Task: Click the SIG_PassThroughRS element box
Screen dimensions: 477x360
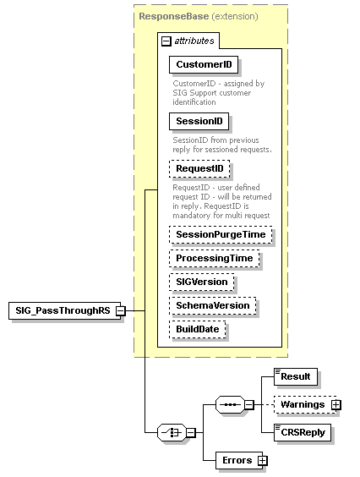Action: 62,310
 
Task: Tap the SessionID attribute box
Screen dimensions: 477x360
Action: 199,122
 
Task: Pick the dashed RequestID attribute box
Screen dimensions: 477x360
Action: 199,169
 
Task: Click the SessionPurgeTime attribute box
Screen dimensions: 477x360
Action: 221,234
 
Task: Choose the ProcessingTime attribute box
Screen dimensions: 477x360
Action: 214,258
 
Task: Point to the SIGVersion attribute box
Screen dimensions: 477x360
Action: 201,282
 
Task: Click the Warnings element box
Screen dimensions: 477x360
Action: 302,404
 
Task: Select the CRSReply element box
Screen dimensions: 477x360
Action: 302,433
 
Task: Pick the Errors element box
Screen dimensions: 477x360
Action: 236,460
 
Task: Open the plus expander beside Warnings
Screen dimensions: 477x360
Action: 336,404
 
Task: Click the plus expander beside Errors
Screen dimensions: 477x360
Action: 262,460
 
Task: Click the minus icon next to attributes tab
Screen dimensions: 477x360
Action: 166,40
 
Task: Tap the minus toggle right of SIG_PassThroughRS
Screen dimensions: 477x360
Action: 121,310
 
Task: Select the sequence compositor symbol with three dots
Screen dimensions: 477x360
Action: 229,404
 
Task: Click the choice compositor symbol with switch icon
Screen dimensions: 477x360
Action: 172,432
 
